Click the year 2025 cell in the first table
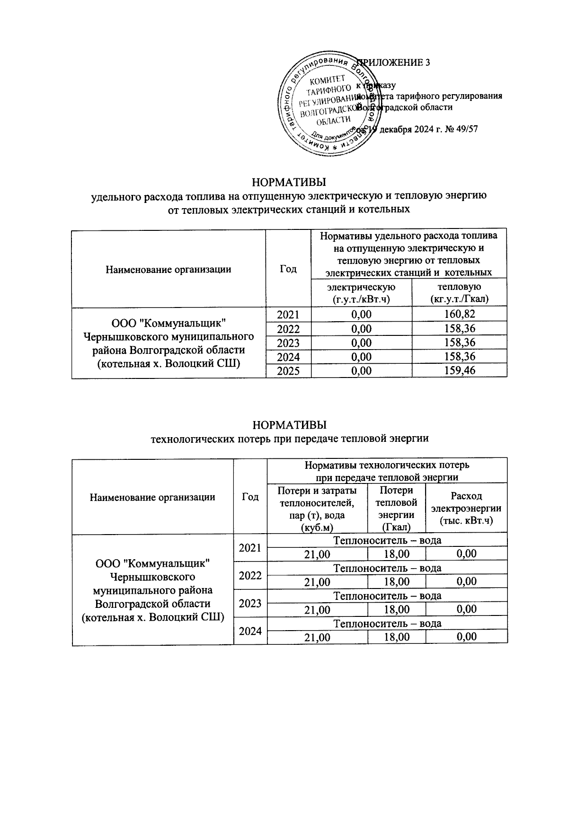(288, 370)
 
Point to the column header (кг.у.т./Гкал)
(459, 299)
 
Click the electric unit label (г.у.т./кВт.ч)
(362, 299)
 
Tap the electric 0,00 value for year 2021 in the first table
(362, 314)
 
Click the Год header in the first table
(288, 269)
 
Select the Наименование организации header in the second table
(152, 497)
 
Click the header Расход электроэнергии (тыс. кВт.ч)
(466, 508)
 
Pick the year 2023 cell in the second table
(250, 603)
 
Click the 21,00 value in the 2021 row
(317, 554)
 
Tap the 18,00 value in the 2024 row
(396, 637)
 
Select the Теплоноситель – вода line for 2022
(387, 568)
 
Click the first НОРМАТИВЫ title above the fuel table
(289, 183)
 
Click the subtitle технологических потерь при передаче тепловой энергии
(289, 438)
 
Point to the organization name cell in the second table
(152, 590)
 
